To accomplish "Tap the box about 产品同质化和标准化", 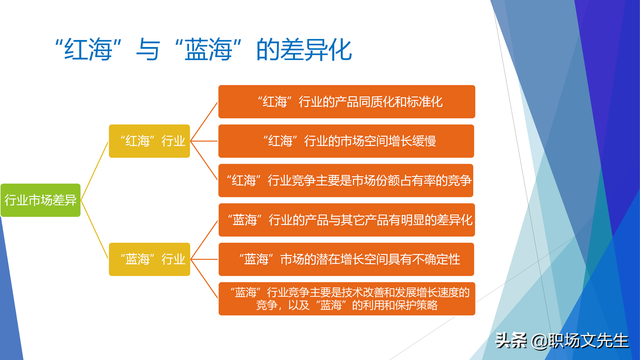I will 346,102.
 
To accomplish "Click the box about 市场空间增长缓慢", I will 346,141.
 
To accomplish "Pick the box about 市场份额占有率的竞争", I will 346,180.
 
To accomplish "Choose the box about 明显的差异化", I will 346,219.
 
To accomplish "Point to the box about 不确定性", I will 346,259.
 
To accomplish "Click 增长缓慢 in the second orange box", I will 420,141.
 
